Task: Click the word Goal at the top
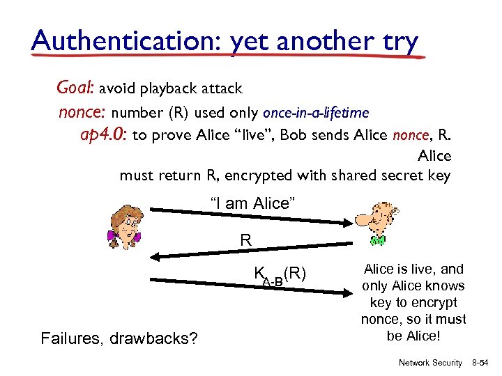coord(75,88)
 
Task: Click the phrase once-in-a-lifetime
coord(315,112)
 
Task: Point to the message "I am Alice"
coord(254,203)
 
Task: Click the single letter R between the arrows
coord(245,240)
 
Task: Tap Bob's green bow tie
coord(378,240)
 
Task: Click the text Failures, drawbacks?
coord(119,339)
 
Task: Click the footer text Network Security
coord(430,363)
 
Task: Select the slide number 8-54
coord(482,363)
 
